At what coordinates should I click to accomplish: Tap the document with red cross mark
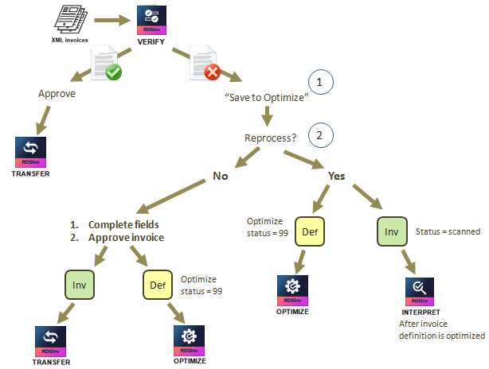204,61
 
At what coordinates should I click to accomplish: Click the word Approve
57,93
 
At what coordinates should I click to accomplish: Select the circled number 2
319,134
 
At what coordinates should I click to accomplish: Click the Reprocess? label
270,138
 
